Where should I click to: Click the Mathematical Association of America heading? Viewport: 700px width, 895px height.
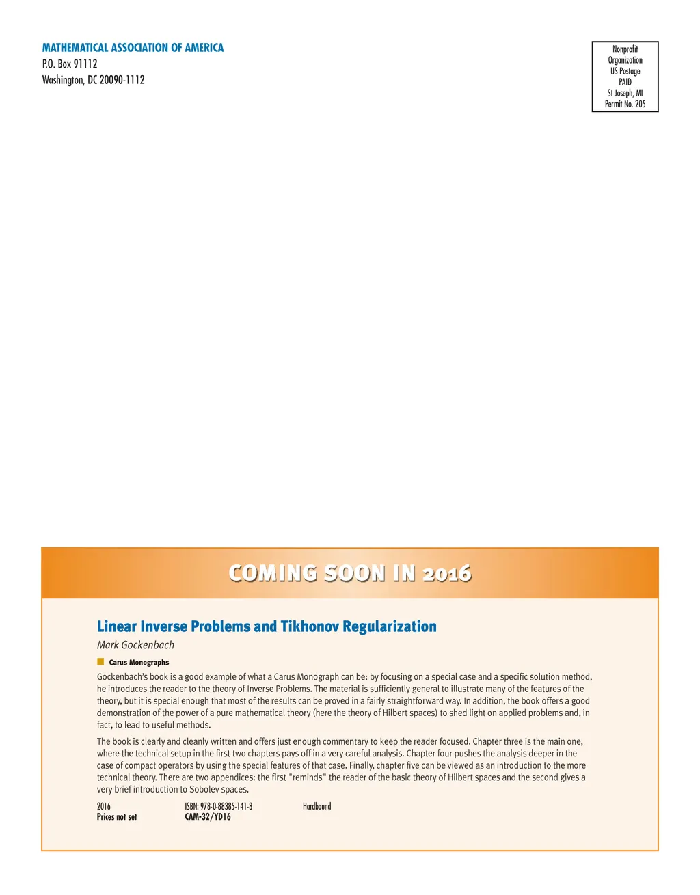click(133, 48)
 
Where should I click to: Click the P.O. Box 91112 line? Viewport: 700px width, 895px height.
click(70, 64)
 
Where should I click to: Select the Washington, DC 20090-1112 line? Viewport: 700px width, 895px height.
click(93, 80)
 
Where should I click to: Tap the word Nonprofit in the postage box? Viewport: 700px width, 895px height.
click(625, 49)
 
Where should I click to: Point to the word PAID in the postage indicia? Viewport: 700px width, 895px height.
click(625, 82)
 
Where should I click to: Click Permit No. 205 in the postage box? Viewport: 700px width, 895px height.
click(625, 104)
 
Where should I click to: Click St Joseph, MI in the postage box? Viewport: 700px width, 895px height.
click(625, 93)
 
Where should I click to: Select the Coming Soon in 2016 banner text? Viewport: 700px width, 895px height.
click(350, 573)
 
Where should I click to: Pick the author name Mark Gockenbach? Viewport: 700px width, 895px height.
click(135, 645)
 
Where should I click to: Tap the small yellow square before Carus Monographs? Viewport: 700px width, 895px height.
click(100, 661)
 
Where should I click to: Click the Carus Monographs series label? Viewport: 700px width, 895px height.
click(139, 662)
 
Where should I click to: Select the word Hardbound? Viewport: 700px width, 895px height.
click(317, 806)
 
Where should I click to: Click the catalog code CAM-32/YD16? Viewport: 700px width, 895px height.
click(208, 817)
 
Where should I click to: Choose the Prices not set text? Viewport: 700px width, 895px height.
click(117, 817)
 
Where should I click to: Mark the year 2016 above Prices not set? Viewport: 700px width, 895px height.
click(104, 806)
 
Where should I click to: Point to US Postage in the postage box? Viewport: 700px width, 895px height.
click(625, 71)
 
